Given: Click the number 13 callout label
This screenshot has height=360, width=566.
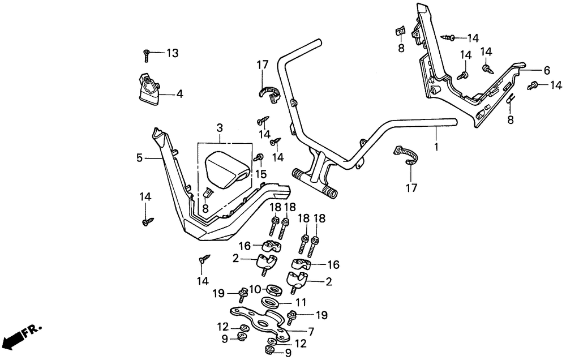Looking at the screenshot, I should [171, 53].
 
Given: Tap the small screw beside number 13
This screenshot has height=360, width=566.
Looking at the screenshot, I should [147, 55].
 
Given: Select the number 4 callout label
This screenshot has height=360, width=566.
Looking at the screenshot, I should [179, 95].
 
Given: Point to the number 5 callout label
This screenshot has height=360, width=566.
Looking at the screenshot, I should [139, 158].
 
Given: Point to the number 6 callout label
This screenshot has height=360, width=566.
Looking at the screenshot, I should [547, 71].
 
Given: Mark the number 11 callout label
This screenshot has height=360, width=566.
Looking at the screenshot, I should [301, 303].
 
